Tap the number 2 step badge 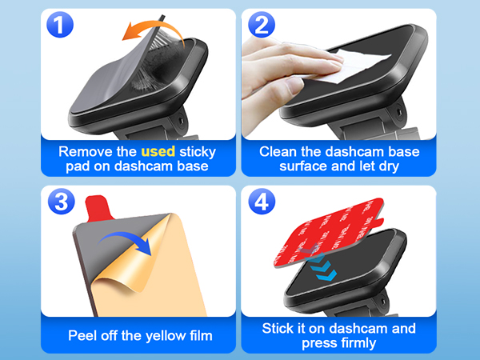pyautogui.click(x=261, y=23)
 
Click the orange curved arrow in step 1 pyautogui.click(x=152, y=32)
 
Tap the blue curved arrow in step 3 pyautogui.click(x=125, y=239)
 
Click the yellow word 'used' pyautogui.click(x=157, y=150)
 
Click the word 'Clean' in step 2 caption pyautogui.click(x=280, y=150)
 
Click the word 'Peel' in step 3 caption pyautogui.click(x=83, y=335)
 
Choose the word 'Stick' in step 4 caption pyautogui.click(x=280, y=328)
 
